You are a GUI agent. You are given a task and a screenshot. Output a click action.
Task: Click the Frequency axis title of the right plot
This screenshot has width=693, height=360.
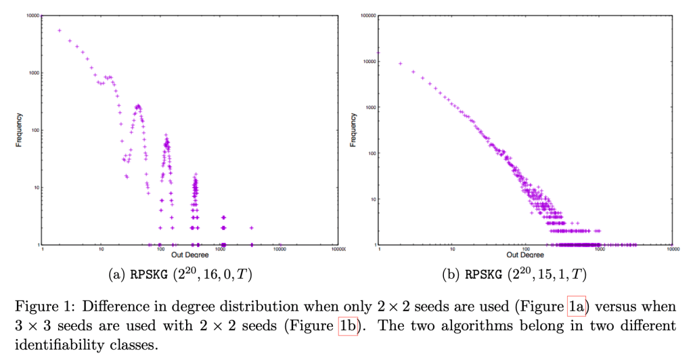point(353,130)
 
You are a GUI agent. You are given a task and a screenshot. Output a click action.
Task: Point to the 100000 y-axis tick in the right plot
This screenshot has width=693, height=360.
point(369,16)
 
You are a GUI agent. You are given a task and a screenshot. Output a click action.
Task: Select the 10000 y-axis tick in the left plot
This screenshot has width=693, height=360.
point(32,16)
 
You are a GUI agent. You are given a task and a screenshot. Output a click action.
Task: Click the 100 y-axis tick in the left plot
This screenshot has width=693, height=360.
point(34,130)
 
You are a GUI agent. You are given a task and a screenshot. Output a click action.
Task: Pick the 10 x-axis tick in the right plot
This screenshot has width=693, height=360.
point(453,250)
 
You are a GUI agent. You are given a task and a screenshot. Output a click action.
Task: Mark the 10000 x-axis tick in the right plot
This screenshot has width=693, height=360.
point(671,250)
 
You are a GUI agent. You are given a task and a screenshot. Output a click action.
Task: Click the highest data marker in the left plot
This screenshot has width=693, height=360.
point(60,30)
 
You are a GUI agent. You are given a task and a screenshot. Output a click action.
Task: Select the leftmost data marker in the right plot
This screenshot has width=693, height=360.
point(379,52)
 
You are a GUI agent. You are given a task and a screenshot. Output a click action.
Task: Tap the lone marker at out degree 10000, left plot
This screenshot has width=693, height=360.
point(280,244)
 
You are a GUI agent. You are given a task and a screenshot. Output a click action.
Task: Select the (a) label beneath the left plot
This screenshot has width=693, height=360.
point(117,275)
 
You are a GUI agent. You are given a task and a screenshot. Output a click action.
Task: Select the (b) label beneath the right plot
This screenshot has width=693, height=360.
point(451,275)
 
